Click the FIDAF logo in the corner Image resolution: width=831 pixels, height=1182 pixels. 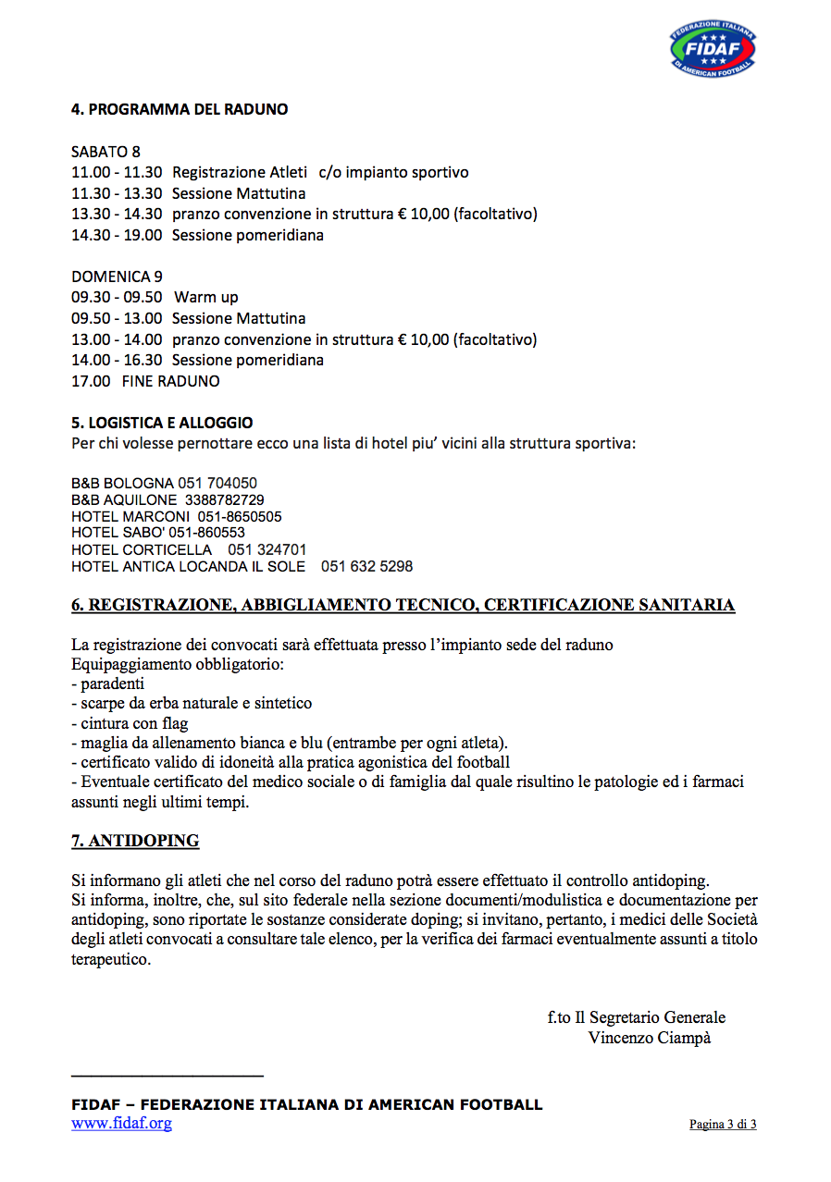click(713, 50)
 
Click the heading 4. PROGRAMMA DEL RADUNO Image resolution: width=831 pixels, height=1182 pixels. click(180, 109)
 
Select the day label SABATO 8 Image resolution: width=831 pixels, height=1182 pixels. click(105, 152)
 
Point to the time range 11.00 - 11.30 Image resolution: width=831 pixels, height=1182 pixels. click(117, 172)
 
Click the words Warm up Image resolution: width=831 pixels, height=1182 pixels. click(206, 297)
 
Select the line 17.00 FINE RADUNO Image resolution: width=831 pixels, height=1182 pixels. click(145, 380)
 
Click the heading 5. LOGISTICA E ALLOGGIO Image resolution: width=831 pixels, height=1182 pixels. click(162, 423)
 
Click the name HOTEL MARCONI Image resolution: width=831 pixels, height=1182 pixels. click(130, 516)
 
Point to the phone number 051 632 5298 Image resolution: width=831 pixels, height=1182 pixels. click(366, 566)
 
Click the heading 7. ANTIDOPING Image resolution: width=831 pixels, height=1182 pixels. click(135, 841)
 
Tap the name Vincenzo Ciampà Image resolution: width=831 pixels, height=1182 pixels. click(649, 1038)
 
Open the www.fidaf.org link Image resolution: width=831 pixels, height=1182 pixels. click(121, 1124)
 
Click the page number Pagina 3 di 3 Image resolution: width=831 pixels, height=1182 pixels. click(723, 1125)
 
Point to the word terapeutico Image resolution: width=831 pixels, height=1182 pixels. click(110, 960)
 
